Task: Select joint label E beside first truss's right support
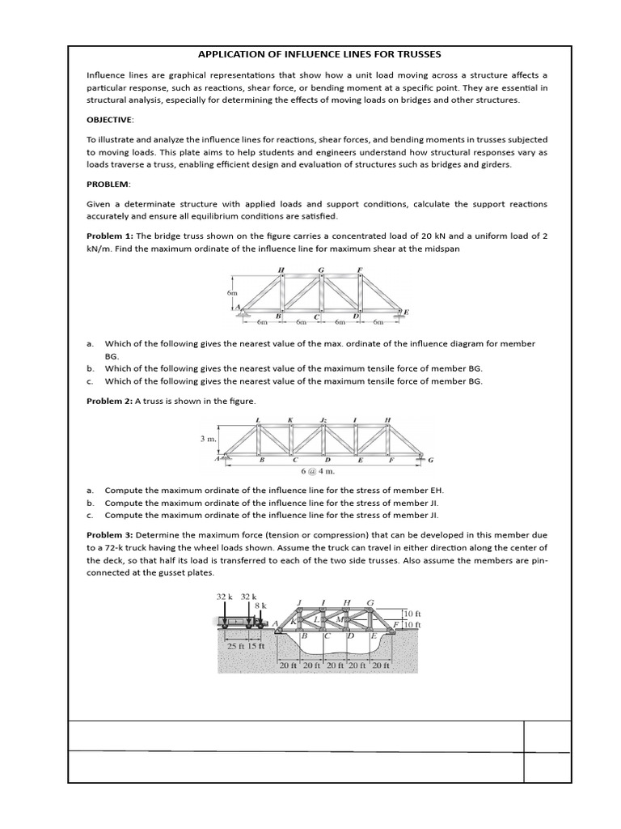click(406, 312)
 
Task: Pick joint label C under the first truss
click(316, 316)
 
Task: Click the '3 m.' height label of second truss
click(208, 438)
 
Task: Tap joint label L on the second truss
click(257, 419)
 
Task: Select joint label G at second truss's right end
click(430, 461)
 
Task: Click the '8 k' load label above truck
click(260, 606)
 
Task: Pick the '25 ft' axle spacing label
click(236, 646)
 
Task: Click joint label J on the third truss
click(299, 602)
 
